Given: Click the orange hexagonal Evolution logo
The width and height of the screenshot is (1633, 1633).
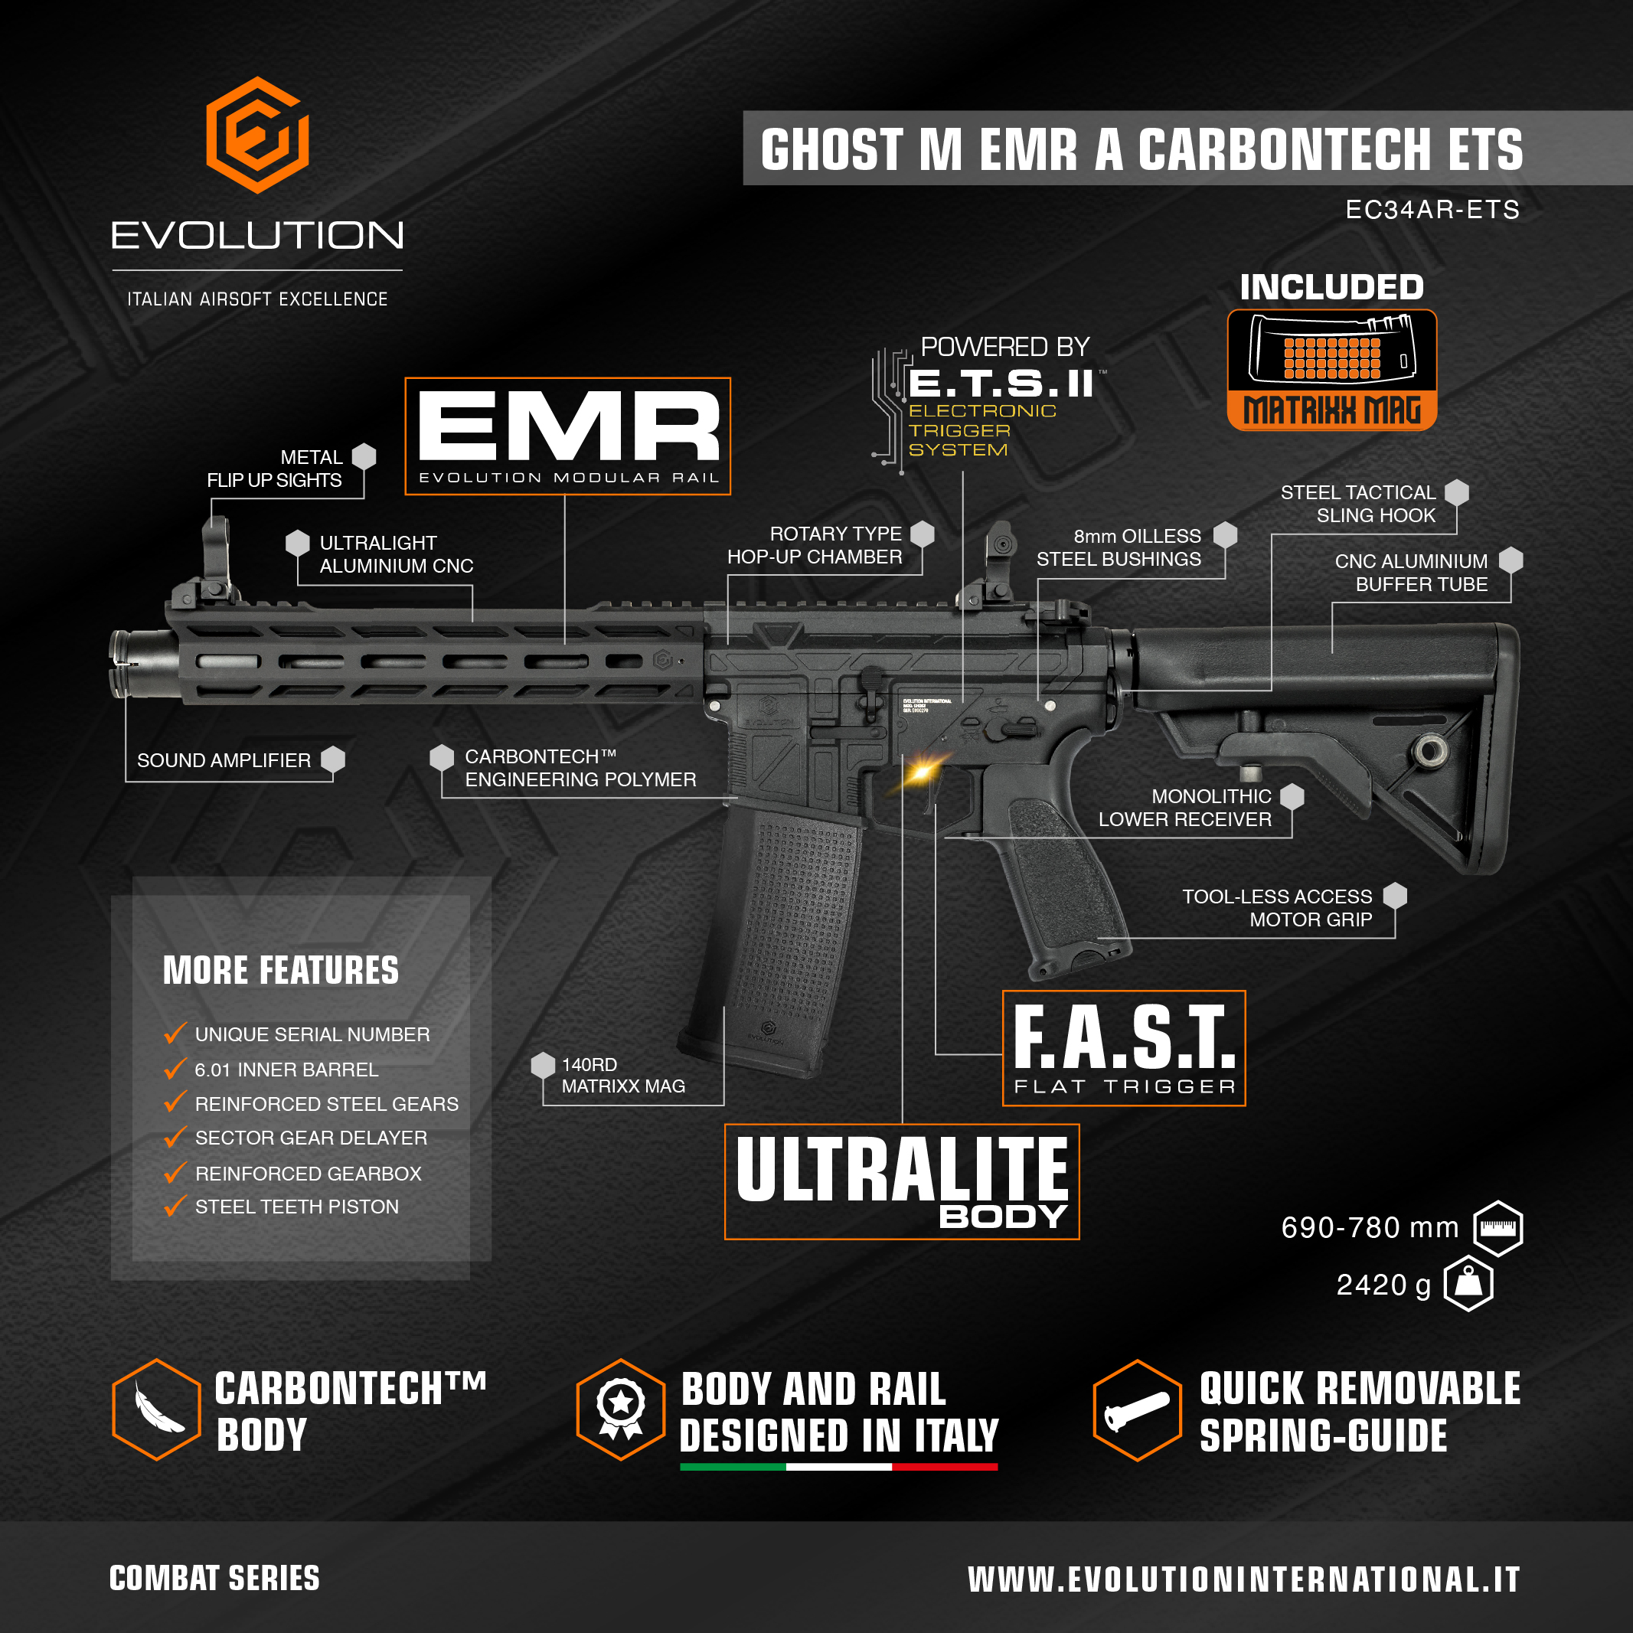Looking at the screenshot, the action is point(257,136).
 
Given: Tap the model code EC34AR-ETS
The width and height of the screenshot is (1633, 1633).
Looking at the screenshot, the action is point(1432,210).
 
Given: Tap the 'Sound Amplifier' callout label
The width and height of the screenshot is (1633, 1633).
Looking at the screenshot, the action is point(224,761).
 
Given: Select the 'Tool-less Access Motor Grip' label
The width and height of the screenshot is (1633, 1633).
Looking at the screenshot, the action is point(1276,908).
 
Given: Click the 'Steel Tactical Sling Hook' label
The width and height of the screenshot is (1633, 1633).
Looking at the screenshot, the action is point(1357,504).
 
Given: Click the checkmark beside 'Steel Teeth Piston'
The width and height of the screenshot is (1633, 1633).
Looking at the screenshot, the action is point(175,1206).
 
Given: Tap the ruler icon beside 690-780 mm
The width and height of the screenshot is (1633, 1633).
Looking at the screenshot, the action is point(1497,1228).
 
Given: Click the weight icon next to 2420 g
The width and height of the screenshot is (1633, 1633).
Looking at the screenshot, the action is point(1469,1284).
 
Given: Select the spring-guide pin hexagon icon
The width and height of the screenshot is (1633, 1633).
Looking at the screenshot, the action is point(1137,1410).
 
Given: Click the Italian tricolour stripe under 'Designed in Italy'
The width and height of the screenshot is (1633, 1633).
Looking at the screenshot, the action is point(838,1467).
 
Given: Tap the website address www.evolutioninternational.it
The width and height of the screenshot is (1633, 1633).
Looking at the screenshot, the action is point(1243,1579).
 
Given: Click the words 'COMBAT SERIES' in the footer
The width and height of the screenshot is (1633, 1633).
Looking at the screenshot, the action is point(214,1578).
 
